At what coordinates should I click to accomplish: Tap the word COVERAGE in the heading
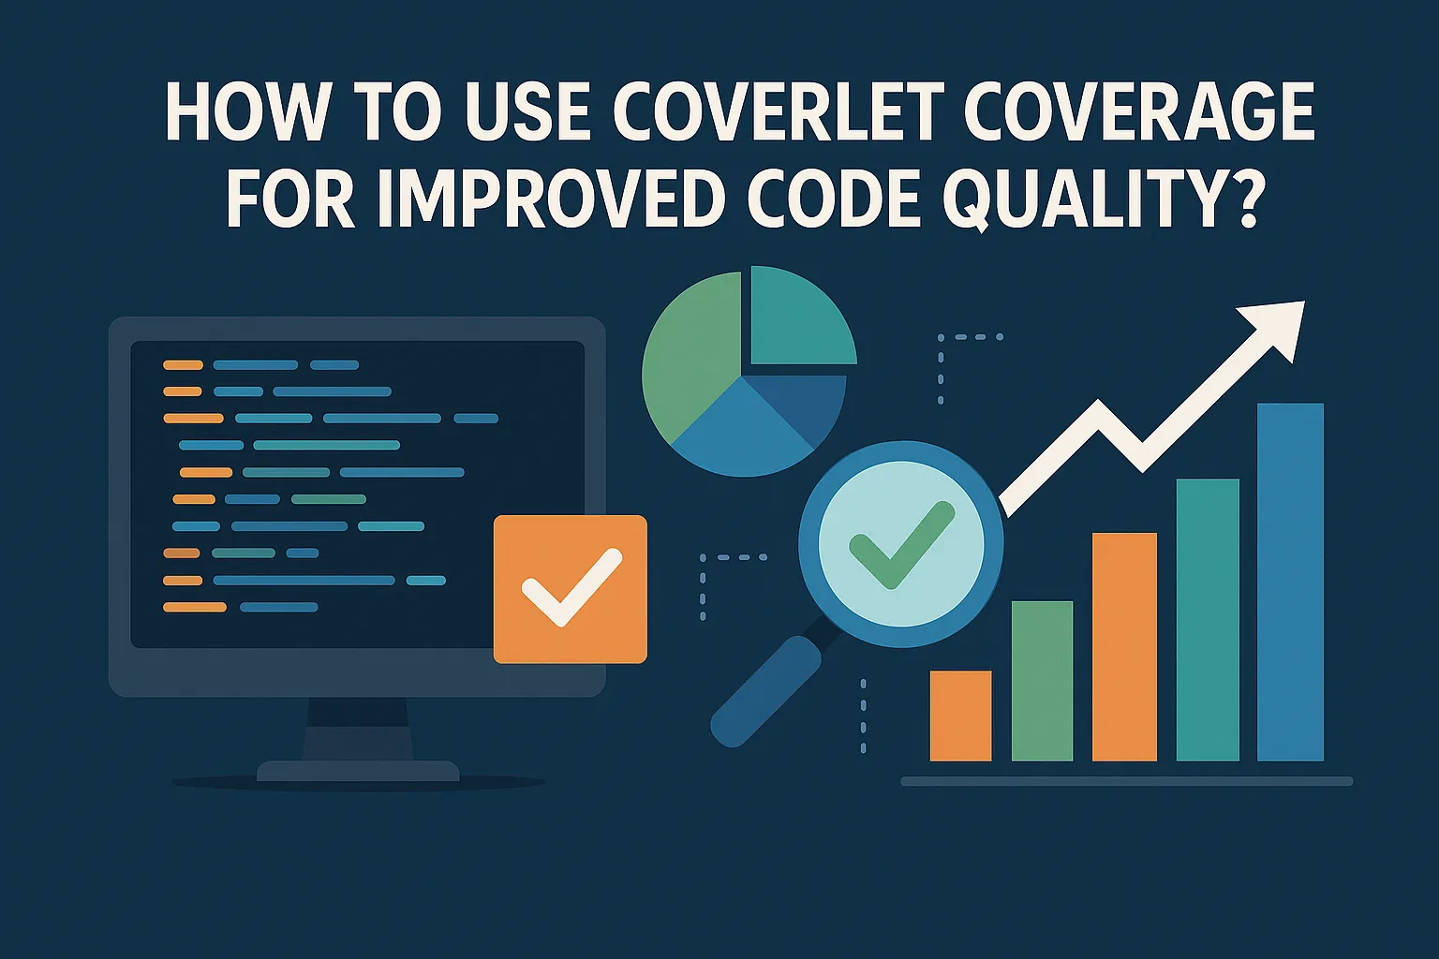point(1139,113)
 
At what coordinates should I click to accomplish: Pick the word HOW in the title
point(247,113)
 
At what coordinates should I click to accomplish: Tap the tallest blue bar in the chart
point(1290,581)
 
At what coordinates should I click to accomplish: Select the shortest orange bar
point(960,716)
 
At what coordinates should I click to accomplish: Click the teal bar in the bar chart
point(1208,619)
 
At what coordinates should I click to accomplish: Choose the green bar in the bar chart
point(1042,681)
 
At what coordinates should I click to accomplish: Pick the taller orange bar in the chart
point(1124,646)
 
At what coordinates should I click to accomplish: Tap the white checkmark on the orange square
point(571,587)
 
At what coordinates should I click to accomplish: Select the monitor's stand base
point(358,772)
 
